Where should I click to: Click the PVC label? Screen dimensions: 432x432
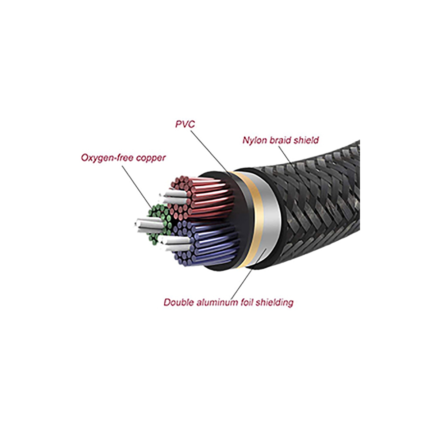[x=185, y=124]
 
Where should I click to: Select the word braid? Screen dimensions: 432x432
[x=278, y=140]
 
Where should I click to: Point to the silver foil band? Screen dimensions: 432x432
[x=269, y=219]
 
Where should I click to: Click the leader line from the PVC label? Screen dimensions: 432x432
[x=210, y=153]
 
